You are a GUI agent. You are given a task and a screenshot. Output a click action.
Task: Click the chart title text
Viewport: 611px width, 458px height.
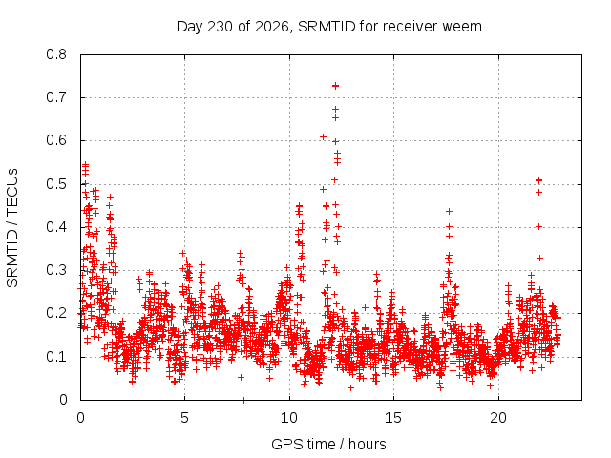(328, 27)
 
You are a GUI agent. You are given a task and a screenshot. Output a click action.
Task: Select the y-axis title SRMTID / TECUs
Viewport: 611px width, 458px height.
(12, 228)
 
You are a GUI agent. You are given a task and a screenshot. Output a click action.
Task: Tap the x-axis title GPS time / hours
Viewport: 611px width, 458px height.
(328, 444)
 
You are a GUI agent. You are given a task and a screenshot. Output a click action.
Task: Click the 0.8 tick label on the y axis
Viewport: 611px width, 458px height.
(56, 54)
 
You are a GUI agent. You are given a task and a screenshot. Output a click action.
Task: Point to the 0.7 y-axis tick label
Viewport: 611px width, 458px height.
(56, 97)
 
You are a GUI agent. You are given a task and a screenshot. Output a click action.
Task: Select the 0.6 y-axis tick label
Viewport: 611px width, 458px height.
(56, 140)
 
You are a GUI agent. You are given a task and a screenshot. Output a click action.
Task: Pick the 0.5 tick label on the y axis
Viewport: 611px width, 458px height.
(56, 184)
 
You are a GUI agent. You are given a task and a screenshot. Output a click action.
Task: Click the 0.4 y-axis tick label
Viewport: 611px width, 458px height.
(56, 227)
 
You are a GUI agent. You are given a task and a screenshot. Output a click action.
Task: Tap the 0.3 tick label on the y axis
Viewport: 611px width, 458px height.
(56, 270)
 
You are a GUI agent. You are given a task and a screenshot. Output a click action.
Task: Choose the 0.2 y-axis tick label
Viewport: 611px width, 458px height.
(56, 313)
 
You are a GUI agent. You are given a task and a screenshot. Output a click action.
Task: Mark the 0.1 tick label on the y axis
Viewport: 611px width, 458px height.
(56, 357)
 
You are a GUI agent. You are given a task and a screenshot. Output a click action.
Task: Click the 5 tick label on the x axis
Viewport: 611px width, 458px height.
(184, 418)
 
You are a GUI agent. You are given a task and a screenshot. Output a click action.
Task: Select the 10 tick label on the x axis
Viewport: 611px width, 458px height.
(289, 418)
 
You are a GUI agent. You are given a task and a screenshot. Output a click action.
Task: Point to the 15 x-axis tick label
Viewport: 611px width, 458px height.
(393, 418)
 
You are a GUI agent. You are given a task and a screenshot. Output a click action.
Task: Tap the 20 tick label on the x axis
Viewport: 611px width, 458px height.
(498, 418)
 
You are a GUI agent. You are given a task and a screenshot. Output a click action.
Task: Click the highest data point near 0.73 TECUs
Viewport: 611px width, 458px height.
(335, 86)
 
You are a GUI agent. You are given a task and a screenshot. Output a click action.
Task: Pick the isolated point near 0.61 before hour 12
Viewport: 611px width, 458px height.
(323, 136)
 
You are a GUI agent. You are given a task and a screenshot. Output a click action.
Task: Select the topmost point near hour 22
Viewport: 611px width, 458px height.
(538, 180)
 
